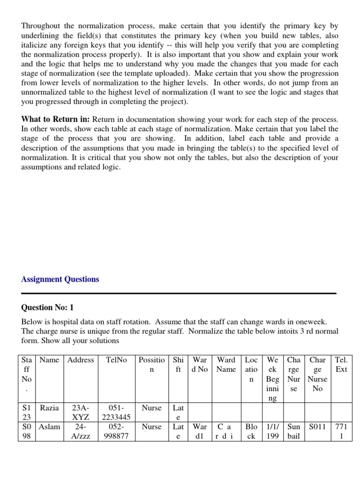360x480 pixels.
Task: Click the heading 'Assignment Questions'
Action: pyautogui.click(x=60, y=279)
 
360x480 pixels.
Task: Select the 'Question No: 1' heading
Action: pyautogui.click(x=47, y=307)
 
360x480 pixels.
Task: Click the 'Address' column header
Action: pyautogui.click(x=81, y=360)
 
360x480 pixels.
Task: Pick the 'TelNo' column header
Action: pyautogui.click(x=116, y=360)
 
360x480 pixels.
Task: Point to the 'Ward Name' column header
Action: pyautogui.click(x=226, y=365)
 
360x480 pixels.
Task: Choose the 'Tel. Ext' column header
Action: pyautogui.click(x=341, y=365)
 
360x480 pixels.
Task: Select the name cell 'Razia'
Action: pyautogui.click(x=50, y=408)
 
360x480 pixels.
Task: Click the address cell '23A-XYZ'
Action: pyautogui.click(x=81, y=412)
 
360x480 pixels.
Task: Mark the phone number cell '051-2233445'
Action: pyautogui.click(x=116, y=412)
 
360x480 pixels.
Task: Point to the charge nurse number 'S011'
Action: pyautogui.click(x=317, y=427)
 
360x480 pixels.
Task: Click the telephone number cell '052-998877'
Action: pyautogui.click(x=116, y=432)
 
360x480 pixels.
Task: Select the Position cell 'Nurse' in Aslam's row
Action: pyautogui.click(x=151, y=427)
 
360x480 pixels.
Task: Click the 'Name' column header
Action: pyautogui.click(x=50, y=360)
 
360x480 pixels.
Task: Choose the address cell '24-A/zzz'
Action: pyautogui.click(x=81, y=432)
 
